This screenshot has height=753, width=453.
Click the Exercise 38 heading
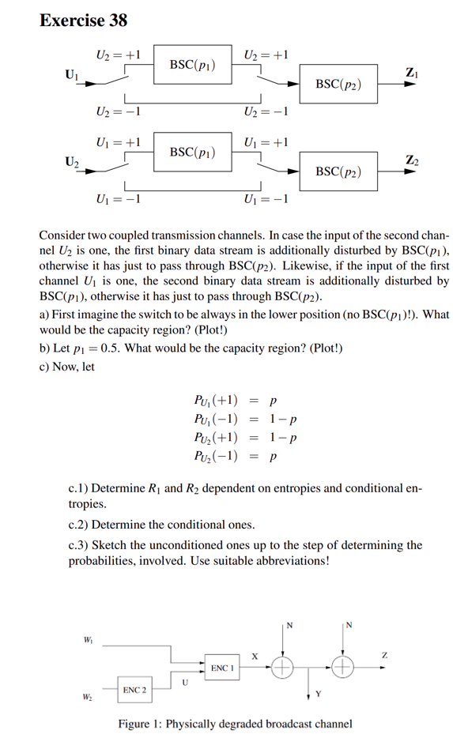(83, 20)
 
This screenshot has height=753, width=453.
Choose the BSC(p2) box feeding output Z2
(338, 171)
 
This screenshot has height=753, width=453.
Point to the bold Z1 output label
(412, 73)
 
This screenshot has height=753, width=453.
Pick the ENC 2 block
(134, 690)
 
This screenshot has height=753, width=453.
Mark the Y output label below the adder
(318, 696)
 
